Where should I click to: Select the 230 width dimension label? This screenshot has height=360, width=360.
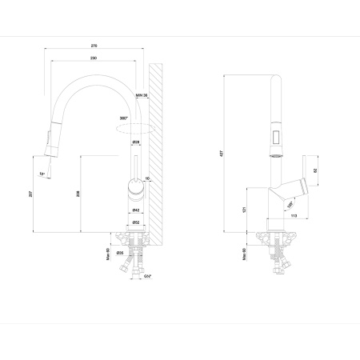(94, 58)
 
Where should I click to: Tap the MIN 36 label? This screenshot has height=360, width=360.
(142, 96)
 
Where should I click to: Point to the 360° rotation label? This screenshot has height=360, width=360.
(122, 118)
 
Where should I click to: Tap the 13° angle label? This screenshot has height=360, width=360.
(41, 173)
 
